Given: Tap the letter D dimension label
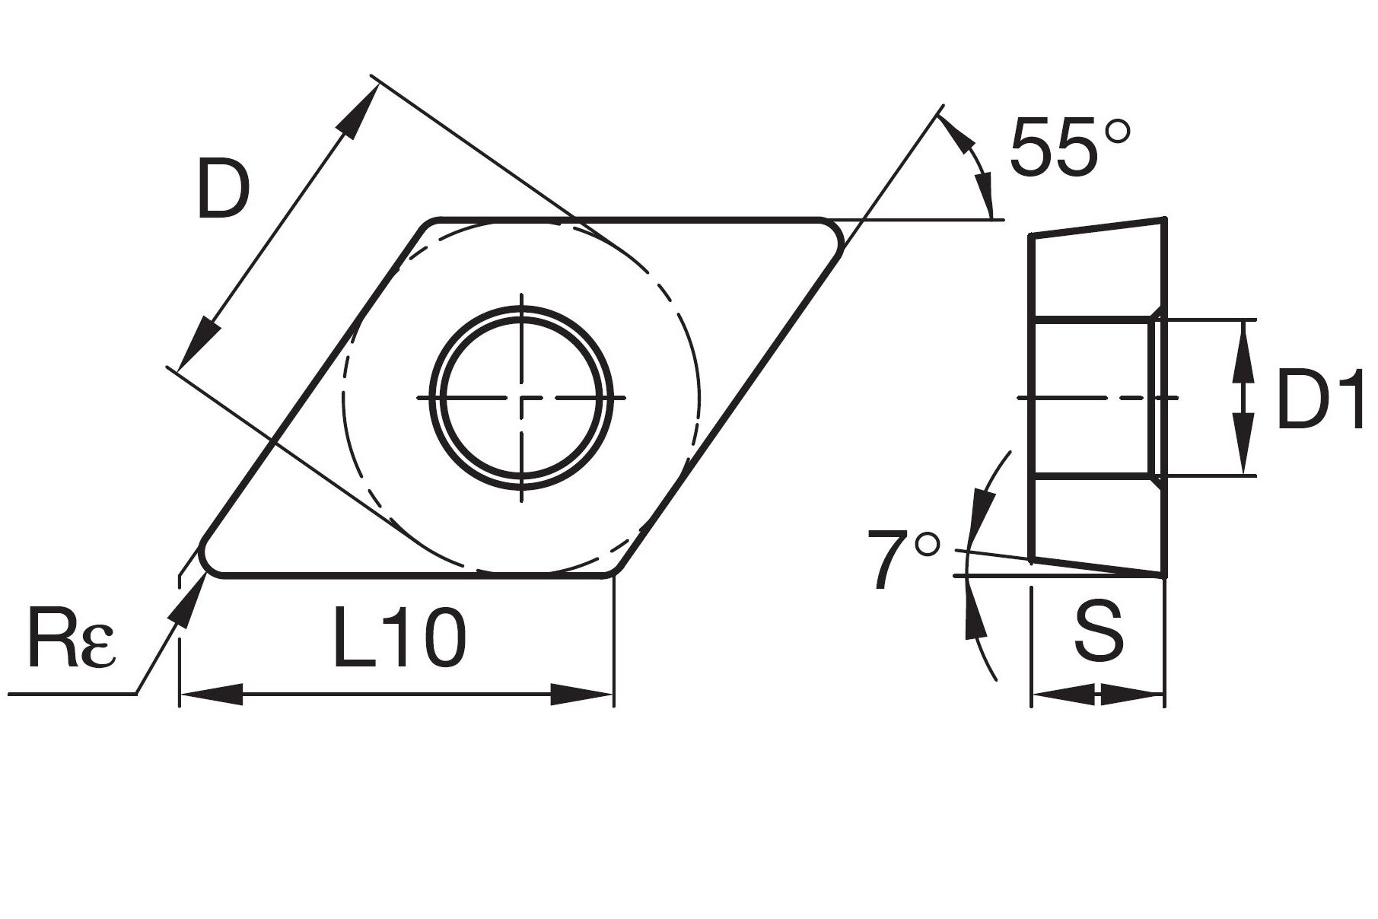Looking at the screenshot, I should pos(223,188).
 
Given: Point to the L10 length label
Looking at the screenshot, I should pos(399,639).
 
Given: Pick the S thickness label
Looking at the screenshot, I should pos(1098,632).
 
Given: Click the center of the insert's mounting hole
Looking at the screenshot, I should pos(522,398).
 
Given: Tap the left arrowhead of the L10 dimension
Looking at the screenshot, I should pos(209,694).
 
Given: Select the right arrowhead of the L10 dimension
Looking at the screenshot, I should pos(583,694).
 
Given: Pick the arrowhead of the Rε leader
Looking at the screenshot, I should pos(189,601).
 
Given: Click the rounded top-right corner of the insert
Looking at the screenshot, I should pos(833,231).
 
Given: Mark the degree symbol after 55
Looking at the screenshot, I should pos(1117,132).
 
